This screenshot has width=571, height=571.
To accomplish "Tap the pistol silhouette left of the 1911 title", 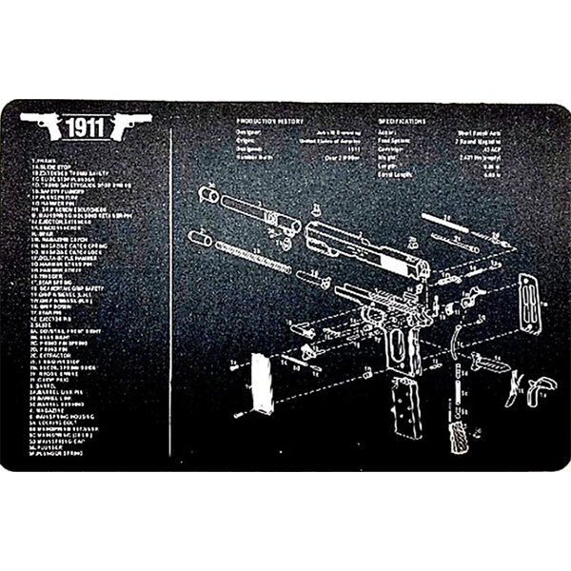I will click(41, 125).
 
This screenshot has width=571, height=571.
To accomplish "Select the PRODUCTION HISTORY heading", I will click(272, 122).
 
